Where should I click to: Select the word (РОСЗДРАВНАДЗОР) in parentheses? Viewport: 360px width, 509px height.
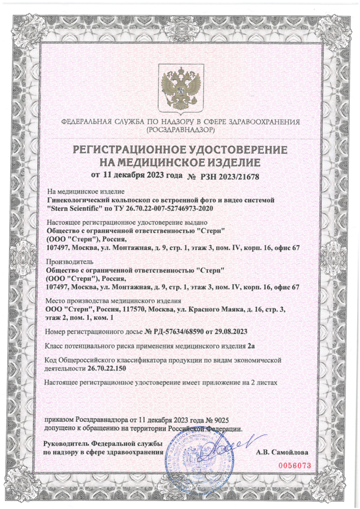[180, 129]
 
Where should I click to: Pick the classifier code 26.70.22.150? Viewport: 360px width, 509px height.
[105, 368]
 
